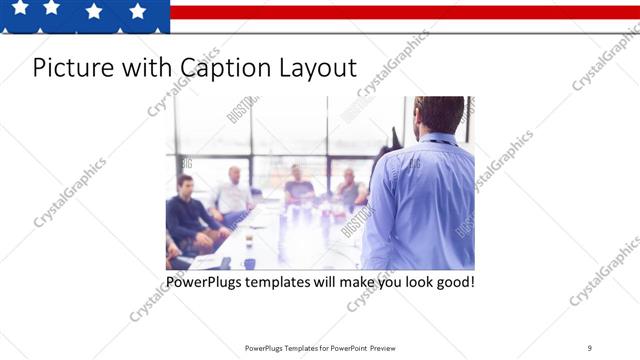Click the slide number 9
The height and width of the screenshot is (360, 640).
[589, 348]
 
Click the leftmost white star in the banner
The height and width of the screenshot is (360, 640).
[19, 8]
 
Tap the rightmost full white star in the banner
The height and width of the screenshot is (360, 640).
[137, 11]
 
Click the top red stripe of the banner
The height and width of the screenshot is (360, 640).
[400, 12]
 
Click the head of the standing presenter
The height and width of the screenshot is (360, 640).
[439, 114]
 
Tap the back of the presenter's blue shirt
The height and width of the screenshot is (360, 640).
[420, 200]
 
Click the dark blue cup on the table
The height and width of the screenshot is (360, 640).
[249, 263]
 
